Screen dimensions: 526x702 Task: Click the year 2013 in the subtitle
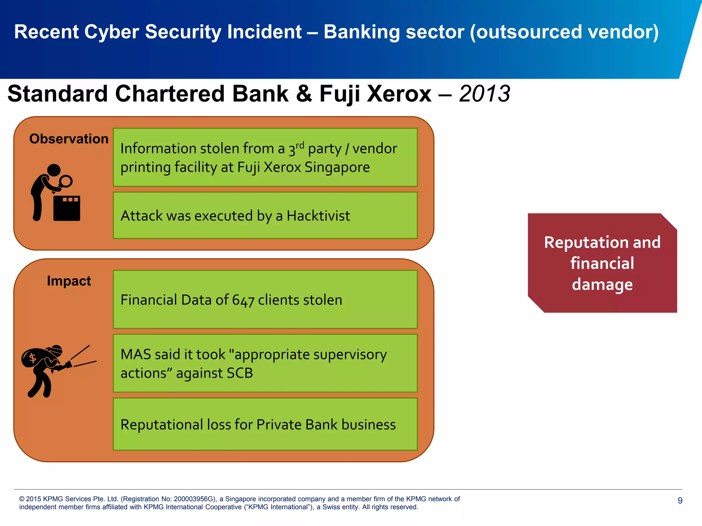pyautogui.click(x=484, y=94)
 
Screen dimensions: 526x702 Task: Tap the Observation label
pyautogui.click(x=69, y=139)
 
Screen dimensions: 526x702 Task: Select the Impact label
pyautogui.click(x=69, y=281)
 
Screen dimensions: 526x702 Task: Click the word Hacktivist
pyautogui.click(x=318, y=216)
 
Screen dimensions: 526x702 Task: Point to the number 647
pyautogui.click(x=243, y=300)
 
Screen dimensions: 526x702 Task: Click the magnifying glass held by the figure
pyautogui.click(x=65, y=181)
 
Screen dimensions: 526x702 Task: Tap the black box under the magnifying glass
pyautogui.click(x=66, y=209)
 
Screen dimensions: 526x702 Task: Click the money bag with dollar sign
pyautogui.click(x=34, y=358)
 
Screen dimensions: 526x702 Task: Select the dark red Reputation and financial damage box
pyautogui.click(x=602, y=263)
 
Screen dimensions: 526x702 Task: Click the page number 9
pyautogui.click(x=680, y=500)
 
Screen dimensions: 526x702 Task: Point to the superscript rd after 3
pyautogui.click(x=300, y=145)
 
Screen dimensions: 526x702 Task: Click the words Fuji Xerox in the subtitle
pyautogui.click(x=375, y=94)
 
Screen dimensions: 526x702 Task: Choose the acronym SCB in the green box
pyautogui.click(x=239, y=373)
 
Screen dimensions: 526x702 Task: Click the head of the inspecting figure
pyautogui.click(x=54, y=170)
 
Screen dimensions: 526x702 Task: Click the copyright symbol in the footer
pyautogui.click(x=22, y=499)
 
